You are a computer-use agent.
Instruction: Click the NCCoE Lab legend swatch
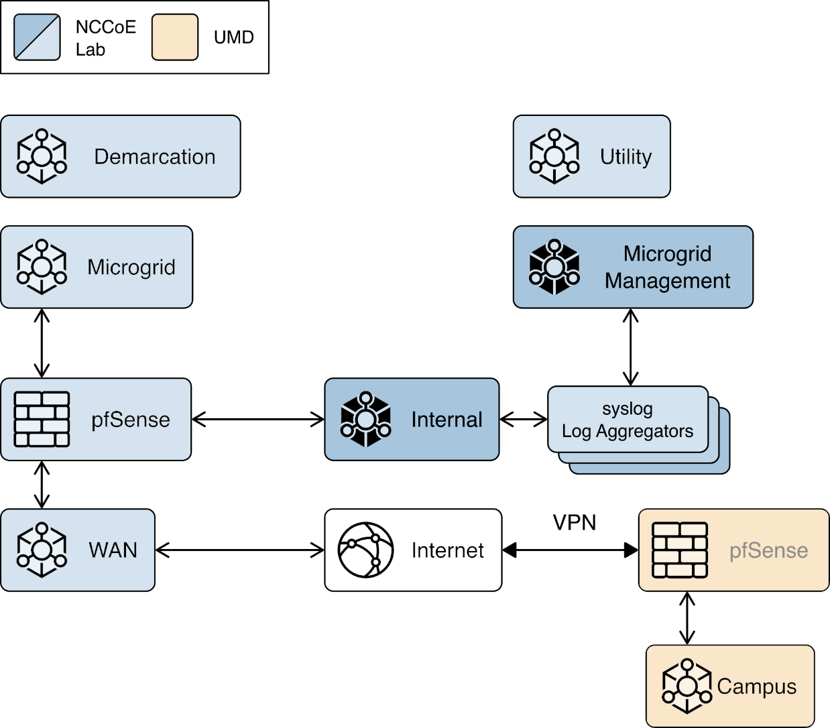coord(38,38)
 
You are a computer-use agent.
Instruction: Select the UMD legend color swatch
coord(175,38)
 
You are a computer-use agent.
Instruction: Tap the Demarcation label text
coord(155,157)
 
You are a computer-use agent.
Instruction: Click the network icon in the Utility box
coord(554,157)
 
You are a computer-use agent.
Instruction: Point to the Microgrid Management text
coord(667,267)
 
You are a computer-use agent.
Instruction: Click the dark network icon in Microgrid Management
coord(554,267)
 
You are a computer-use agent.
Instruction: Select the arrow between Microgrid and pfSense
coord(42,343)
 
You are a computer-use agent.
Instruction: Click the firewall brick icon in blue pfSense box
coord(42,420)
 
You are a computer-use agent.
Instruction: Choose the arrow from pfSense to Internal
coord(258,420)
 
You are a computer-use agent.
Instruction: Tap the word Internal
coord(447,420)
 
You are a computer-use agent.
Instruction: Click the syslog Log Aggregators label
coord(628,420)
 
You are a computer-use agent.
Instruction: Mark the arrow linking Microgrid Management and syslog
coord(630,347)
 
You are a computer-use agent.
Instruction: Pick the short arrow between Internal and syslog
coord(524,420)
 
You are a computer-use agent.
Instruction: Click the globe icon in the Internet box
coord(365,550)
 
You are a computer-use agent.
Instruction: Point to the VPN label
coord(574,523)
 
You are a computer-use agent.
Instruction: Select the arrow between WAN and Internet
coord(240,550)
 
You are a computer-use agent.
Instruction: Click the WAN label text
coord(113,550)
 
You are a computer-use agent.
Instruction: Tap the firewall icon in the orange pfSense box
coord(680,550)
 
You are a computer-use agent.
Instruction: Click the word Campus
coord(756,687)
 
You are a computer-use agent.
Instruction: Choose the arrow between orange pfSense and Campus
coord(687,618)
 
